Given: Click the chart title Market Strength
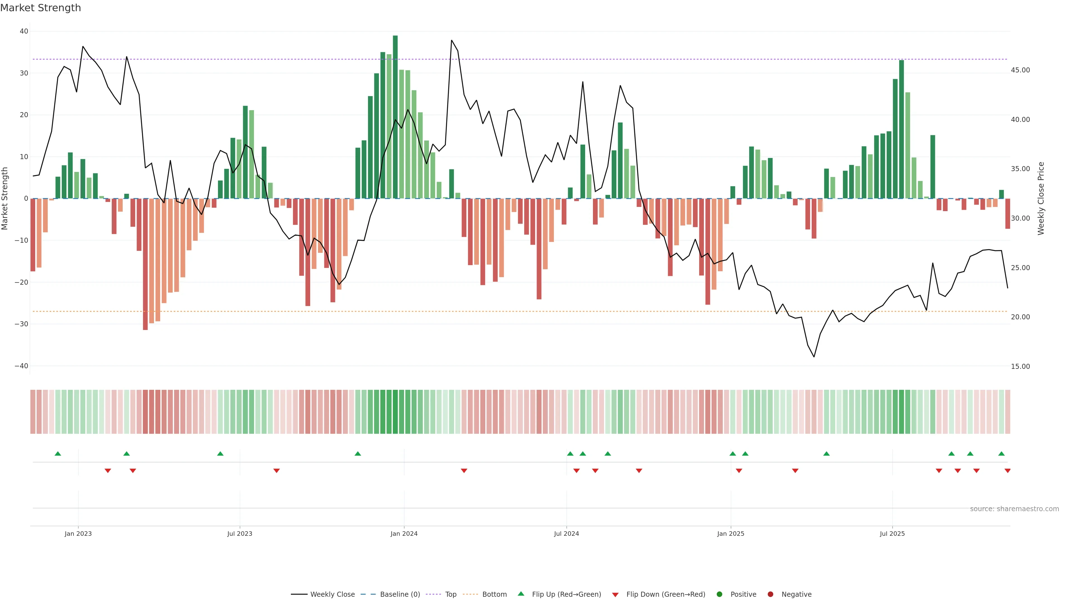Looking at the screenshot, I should coord(41,8).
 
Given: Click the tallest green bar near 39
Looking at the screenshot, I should coord(395,117).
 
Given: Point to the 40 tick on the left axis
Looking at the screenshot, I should coord(24,31).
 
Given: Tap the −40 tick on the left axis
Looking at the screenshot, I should coord(21,366).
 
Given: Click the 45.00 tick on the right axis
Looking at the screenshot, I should coord(1020,70).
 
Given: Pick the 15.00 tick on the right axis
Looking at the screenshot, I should coord(1020,366).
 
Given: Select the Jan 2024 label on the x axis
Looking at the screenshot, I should coord(403,534).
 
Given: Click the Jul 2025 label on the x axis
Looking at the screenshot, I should coord(892,534).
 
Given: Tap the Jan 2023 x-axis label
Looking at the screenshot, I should coord(78,534).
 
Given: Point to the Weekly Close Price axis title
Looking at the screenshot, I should coord(1041,199).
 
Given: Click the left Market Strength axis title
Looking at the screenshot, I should coord(5,199).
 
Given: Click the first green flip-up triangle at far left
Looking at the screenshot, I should coord(58,454).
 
